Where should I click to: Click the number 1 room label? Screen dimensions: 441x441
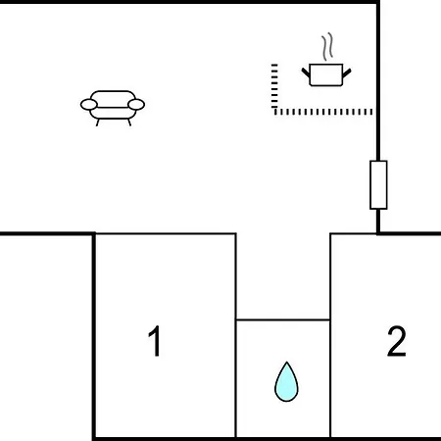(x=155, y=341)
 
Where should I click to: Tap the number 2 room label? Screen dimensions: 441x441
(x=397, y=341)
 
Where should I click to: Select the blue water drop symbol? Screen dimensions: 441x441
(x=286, y=382)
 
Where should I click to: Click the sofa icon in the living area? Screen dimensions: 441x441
(x=113, y=108)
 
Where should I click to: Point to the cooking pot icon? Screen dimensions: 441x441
(x=326, y=74)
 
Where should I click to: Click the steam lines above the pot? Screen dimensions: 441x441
(x=327, y=47)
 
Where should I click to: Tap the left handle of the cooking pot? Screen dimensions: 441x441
(x=306, y=73)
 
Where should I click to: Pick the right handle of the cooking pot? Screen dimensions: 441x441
(x=347, y=73)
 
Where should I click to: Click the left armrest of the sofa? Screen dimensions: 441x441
(x=89, y=105)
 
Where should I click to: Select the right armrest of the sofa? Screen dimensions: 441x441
(x=136, y=105)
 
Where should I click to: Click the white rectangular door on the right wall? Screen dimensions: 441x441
(x=378, y=185)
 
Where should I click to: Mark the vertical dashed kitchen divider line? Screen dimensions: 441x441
(x=274, y=86)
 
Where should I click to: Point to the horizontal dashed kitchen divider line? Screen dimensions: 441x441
(x=323, y=112)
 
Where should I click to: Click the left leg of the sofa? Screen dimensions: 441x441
(x=97, y=122)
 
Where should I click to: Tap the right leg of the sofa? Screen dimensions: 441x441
(x=129, y=122)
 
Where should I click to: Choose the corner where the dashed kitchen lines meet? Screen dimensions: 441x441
(x=274, y=111)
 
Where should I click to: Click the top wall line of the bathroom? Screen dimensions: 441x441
(x=283, y=319)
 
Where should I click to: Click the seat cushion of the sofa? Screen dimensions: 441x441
(x=113, y=113)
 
